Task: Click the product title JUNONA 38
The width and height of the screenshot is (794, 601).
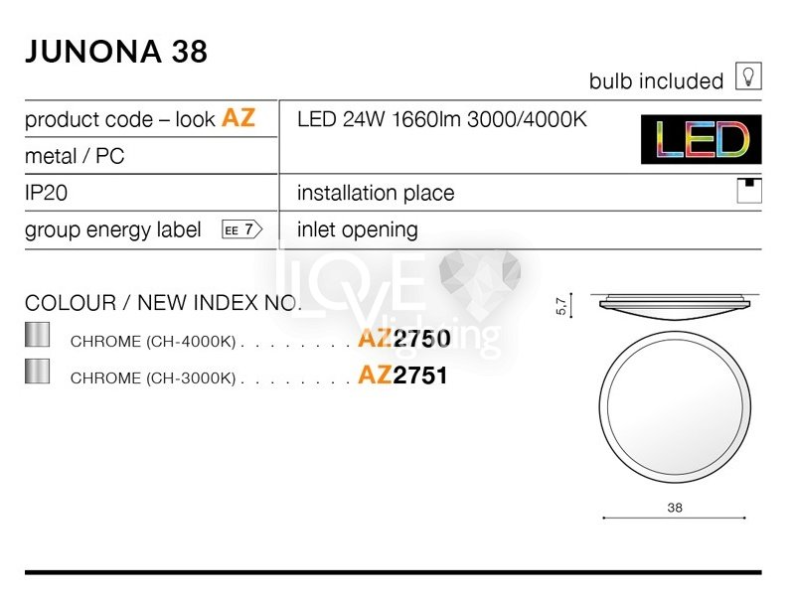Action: click(116, 51)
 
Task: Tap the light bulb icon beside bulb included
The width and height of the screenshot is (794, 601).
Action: click(748, 76)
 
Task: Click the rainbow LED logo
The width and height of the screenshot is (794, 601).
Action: click(701, 139)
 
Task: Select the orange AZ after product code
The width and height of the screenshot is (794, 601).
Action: click(238, 117)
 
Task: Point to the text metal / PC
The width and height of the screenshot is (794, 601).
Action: click(75, 156)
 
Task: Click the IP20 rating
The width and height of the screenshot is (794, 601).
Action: click(46, 193)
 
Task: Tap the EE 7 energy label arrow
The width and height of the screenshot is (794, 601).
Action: click(242, 229)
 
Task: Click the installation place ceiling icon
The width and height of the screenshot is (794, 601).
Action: click(749, 191)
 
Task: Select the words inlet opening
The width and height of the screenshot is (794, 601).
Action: click(358, 230)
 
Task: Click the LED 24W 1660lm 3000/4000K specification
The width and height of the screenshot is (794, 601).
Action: click(442, 119)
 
